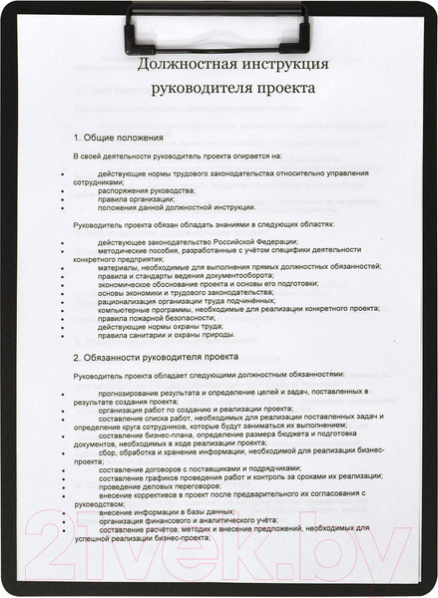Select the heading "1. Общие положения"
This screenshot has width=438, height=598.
click(119, 137)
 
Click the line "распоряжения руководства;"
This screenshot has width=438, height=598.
click(147, 189)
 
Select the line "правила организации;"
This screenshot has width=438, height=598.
click(135, 198)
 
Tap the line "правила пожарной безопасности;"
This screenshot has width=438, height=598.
click(152, 318)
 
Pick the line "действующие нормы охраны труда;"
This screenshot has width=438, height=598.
click(159, 327)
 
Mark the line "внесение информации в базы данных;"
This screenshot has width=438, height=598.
click(167, 510)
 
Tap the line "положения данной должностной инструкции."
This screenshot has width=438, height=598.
click(177, 207)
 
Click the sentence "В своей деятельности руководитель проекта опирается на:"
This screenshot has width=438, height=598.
click(178, 155)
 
